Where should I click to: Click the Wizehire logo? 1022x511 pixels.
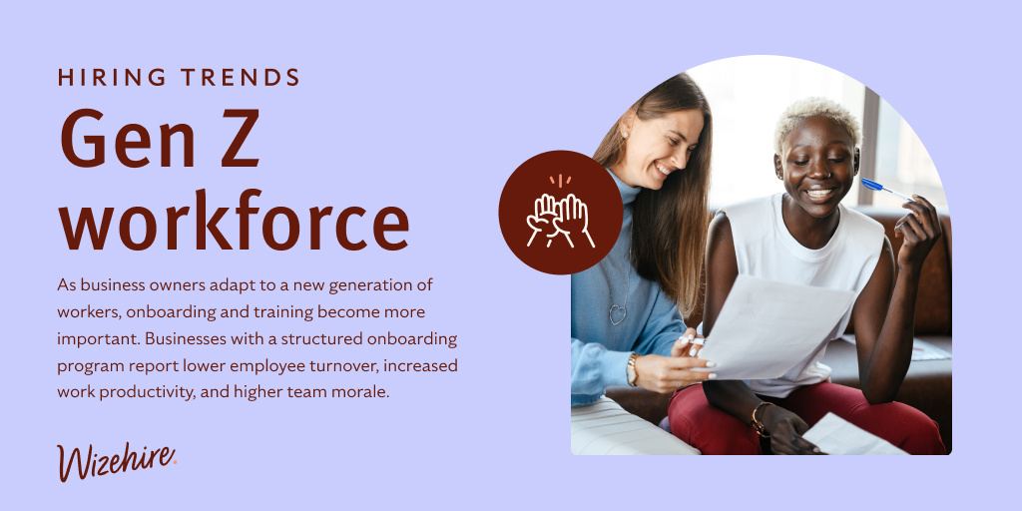[x=117, y=460]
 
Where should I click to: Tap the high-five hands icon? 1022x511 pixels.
[x=560, y=212]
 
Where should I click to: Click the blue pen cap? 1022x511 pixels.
[x=872, y=186]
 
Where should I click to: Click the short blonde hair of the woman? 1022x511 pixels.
[x=814, y=115]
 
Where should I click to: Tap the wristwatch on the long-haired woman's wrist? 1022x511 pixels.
[x=632, y=370]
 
